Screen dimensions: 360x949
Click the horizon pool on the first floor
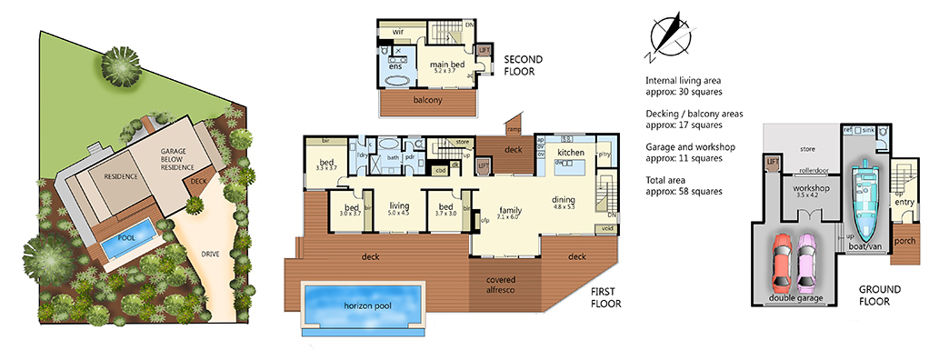pos(363,305)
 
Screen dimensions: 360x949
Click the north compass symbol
pos(671,35)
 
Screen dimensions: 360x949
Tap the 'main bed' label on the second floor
pos(448,65)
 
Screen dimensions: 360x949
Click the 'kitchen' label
pos(570,152)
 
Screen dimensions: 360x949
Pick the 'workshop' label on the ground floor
pos(800,188)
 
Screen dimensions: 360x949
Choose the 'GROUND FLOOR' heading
pos(881,295)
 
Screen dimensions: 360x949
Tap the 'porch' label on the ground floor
pos(904,243)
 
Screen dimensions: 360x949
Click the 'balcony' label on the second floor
pos(427,100)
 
